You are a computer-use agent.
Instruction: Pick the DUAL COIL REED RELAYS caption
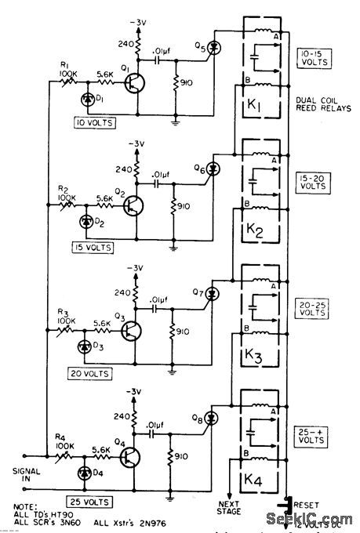[322, 104]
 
